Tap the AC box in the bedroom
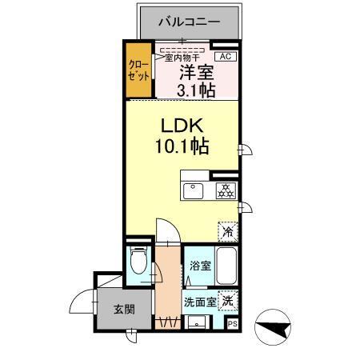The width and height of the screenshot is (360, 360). coord(225,56)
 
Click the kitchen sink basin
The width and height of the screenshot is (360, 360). coord(194,190)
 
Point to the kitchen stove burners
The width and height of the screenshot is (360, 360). coord(225,190)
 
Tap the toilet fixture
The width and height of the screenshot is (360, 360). coord(139,261)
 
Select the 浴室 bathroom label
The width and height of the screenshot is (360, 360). coord(200,265)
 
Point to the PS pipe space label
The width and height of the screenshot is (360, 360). coord(232,324)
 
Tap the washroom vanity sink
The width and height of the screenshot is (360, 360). coord(195,322)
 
